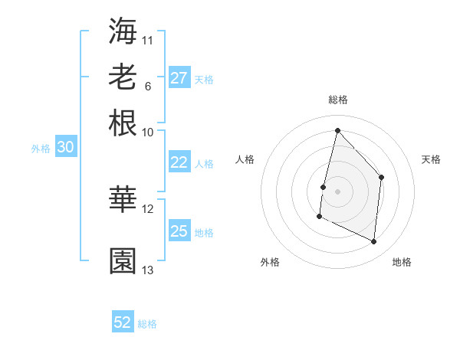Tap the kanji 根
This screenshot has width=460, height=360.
click(123, 123)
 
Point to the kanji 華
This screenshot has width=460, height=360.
click(123, 199)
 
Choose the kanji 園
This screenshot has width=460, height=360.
click(123, 260)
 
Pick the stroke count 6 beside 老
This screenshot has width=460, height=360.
click(147, 86)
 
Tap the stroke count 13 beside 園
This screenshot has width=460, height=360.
click(148, 270)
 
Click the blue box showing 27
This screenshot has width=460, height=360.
click(179, 78)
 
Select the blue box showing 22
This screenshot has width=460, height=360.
click(179, 162)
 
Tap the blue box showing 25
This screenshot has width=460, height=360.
click(179, 231)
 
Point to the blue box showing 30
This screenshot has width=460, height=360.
click(65, 148)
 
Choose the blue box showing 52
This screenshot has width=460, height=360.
click(123, 322)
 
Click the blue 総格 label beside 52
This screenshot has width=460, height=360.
click(147, 324)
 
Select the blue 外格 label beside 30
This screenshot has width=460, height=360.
click(41, 149)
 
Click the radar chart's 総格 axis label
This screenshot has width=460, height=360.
click(337, 100)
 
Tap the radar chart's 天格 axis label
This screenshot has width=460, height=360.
click(431, 159)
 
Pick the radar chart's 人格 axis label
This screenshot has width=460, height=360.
click(245, 159)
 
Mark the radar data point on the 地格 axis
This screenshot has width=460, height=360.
click(374, 241)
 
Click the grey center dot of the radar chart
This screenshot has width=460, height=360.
click(337, 191)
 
